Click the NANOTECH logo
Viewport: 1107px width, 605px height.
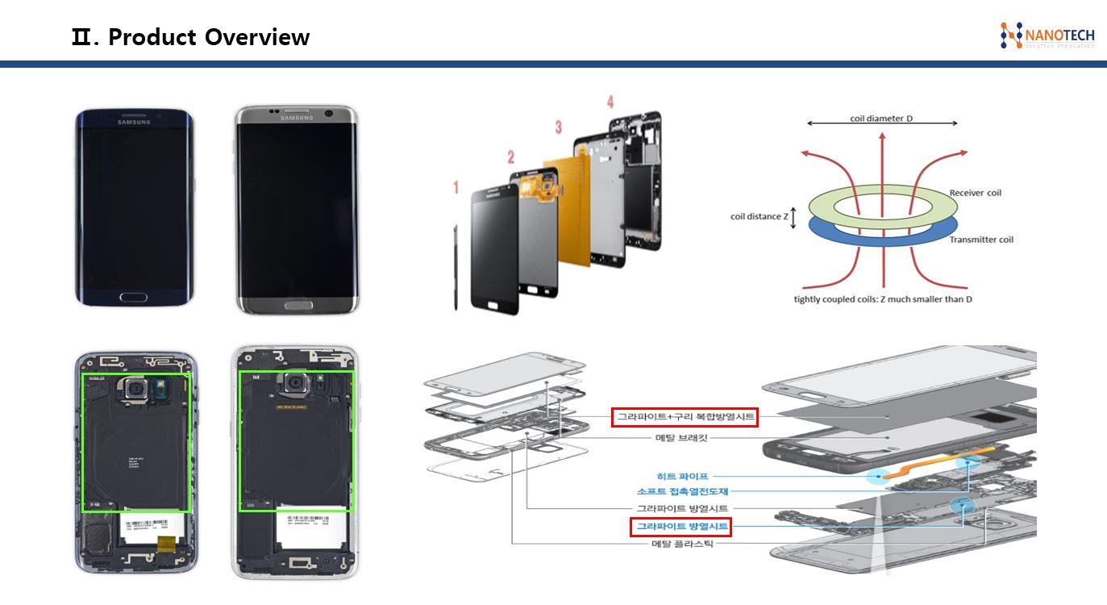pos(1047,35)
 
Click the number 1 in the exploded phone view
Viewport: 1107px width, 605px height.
pos(456,188)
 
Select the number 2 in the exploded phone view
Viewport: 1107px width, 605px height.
pos(510,156)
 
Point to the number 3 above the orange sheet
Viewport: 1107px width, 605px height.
pos(558,127)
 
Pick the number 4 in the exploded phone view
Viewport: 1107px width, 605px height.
pos(610,102)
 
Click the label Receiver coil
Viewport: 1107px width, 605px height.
pos(975,193)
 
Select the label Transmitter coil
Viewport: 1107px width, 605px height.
pos(981,240)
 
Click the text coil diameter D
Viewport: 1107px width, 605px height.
pos(881,119)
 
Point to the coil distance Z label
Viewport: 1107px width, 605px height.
pos(759,216)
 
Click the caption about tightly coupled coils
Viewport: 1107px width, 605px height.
pos(883,299)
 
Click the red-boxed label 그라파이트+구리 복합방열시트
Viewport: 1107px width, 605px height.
pos(685,417)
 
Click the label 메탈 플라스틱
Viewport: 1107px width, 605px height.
pos(681,544)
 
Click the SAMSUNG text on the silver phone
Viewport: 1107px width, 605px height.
pos(296,118)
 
